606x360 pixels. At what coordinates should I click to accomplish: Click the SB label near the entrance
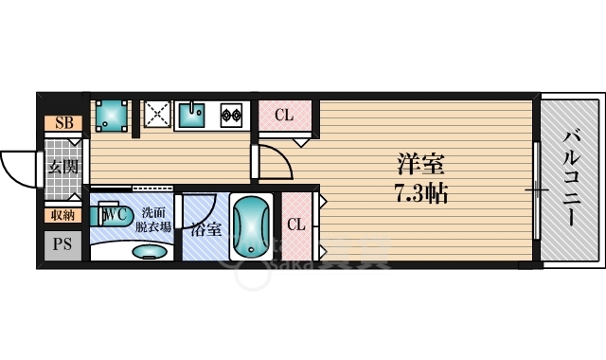click(63, 122)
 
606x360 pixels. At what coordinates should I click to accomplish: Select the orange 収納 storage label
click(63, 216)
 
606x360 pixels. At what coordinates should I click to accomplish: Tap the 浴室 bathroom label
click(205, 228)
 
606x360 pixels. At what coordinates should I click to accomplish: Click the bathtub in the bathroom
click(251, 228)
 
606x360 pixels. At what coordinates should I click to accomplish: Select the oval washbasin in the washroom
click(146, 252)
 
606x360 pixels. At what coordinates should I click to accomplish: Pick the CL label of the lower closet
click(294, 225)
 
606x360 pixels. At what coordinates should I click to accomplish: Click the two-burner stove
click(231, 115)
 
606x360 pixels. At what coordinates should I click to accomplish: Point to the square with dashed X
click(155, 115)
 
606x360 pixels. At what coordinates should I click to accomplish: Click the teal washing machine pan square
click(113, 116)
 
